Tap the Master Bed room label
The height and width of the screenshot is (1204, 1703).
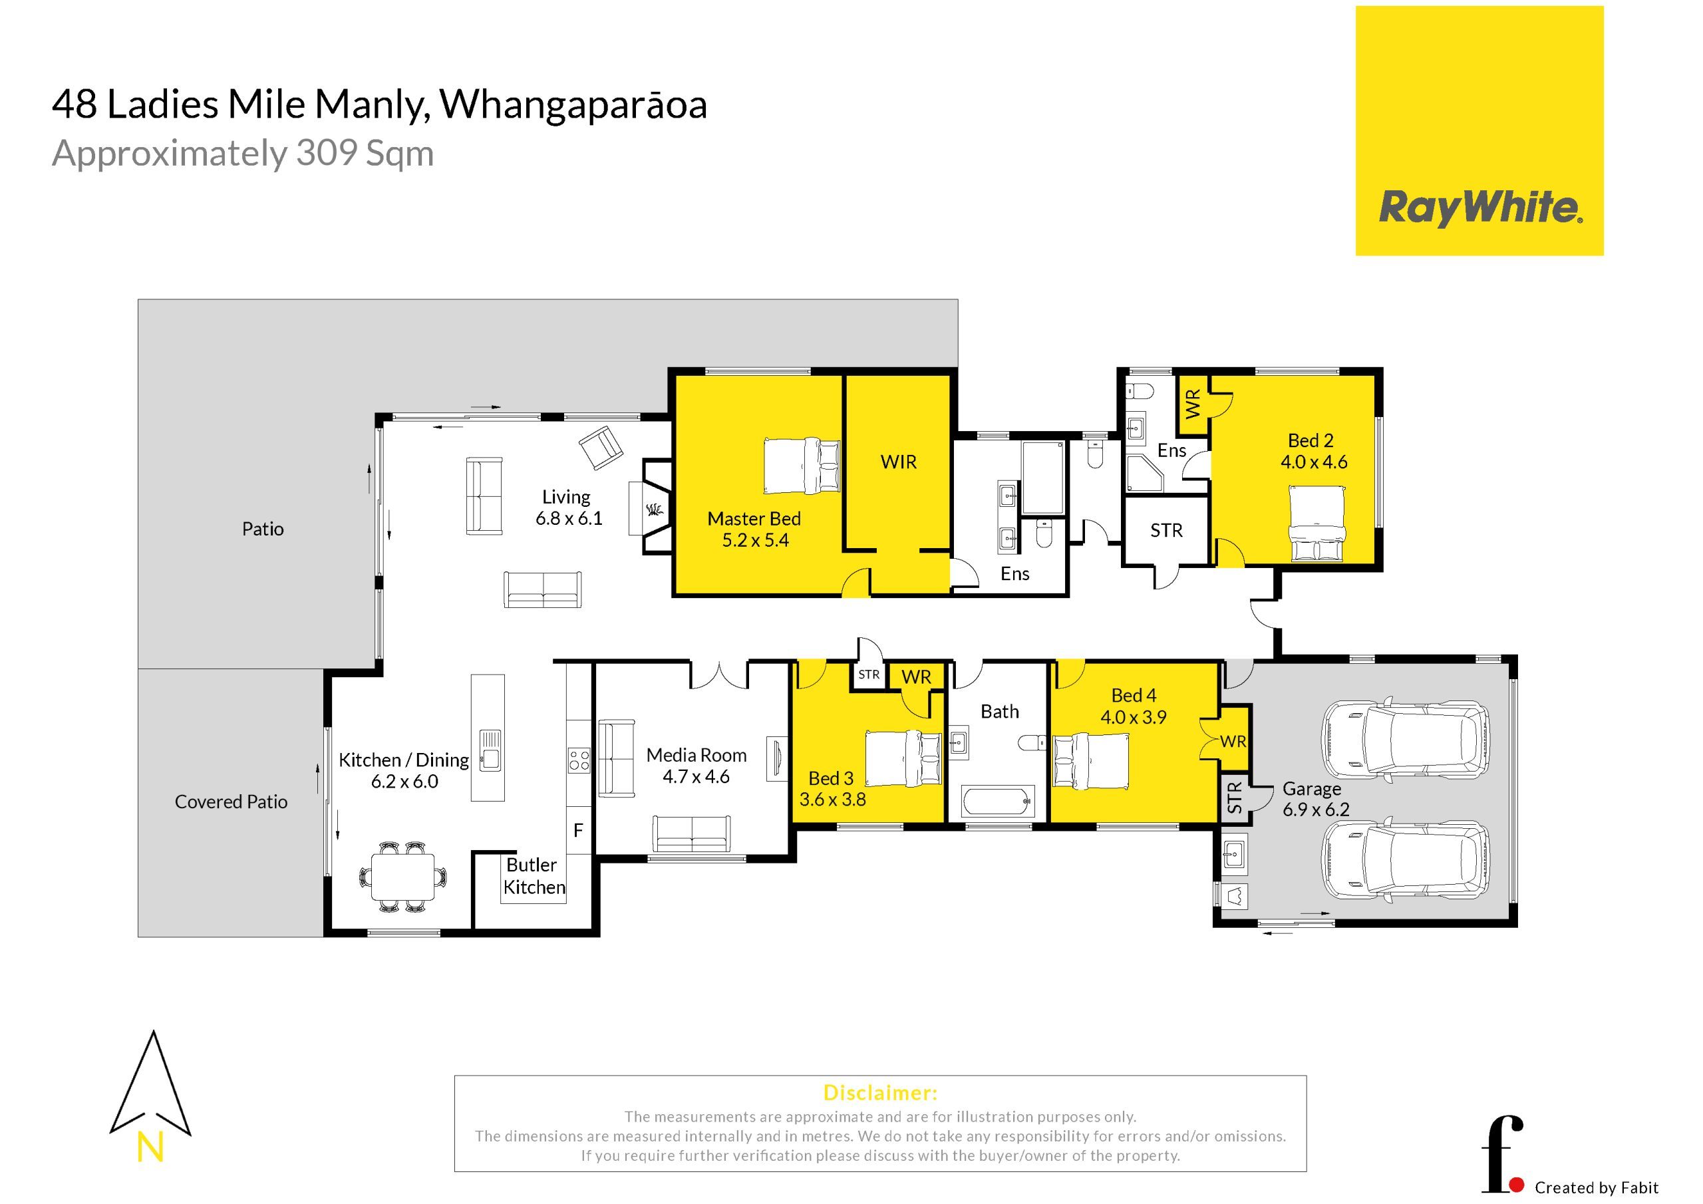pyautogui.click(x=754, y=519)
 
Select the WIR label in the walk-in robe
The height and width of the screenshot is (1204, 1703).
pyautogui.click(x=898, y=462)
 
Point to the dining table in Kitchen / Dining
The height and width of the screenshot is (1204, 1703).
pyautogui.click(x=404, y=877)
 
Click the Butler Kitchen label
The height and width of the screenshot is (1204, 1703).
pyautogui.click(x=534, y=876)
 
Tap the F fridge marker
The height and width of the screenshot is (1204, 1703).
pyautogui.click(x=578, y=831)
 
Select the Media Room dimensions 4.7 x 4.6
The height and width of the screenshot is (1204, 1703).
pyautogui.click(x=696, y=777)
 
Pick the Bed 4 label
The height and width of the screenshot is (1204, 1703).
pyautogui.click(x=1134, y=695)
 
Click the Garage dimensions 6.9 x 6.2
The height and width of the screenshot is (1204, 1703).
pyautogui.click(x=1316, y=810)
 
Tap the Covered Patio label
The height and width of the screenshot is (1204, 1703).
pyautogui.click(x=231, y=802)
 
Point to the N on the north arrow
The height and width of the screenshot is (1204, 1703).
pyautogui.click(x=150, y=1147)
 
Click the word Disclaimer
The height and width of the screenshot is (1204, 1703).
pyautogui.click(x=880, y=1093)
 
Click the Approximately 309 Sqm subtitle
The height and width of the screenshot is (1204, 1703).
pyautogui.click(x=243, y=154)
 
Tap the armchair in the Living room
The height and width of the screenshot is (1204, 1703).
pyautogui.click(x=601, y=447)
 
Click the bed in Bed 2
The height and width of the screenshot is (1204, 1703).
pyautogui.click(x=1316, y=523)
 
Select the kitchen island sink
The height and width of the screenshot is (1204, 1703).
pyautogui.click(x=490, y=751)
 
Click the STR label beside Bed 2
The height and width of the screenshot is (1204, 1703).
pyautogui.click(x=1166, y=530)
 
